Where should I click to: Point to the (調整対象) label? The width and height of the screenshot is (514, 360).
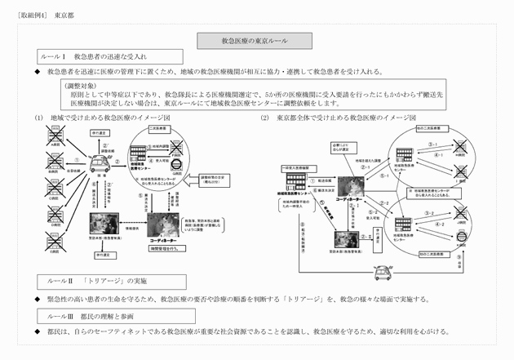pos(82,85)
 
